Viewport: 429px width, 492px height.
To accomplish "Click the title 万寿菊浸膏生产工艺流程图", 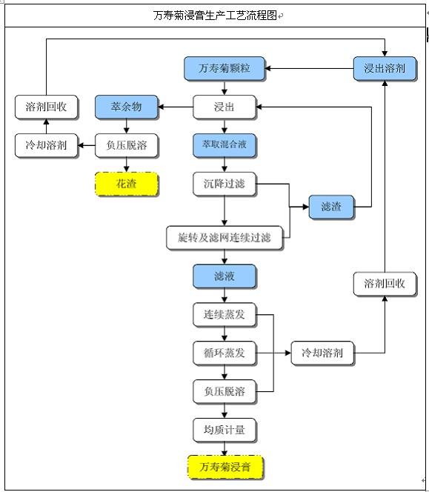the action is coord(215,15).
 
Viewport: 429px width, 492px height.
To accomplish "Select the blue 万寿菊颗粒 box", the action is coord(225,68).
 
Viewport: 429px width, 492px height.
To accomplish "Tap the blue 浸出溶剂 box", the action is coord(385,68).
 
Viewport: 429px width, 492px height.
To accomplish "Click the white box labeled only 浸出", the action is coord(225,107).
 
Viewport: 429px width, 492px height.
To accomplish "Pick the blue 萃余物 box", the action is coord(127,107).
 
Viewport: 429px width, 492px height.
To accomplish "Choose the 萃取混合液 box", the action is coord(225,145).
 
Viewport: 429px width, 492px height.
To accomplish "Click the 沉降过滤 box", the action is coord(225,184).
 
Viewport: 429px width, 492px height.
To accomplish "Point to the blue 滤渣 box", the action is coord(331,207).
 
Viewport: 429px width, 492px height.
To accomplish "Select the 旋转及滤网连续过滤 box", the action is coord(225,238).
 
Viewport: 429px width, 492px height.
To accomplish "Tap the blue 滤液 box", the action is coord(225,276).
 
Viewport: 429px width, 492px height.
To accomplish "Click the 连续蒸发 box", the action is coord(225,314).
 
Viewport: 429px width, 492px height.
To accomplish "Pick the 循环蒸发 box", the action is coord(225,353).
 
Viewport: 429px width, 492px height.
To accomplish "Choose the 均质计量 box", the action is coord(225,430).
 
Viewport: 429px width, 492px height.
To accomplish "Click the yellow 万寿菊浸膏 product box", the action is coord(225,468).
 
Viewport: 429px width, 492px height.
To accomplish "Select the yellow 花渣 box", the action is coord(127,184).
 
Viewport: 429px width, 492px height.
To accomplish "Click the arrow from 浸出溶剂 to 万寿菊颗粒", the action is coord(309,68).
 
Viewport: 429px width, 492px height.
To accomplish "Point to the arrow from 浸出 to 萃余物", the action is coord(176,107).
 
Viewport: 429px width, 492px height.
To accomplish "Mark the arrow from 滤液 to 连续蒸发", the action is coord(225,295).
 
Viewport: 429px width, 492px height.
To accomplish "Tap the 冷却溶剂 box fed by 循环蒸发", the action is coord(322,353).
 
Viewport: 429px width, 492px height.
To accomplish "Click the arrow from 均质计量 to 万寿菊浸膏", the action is coord(225,449).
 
